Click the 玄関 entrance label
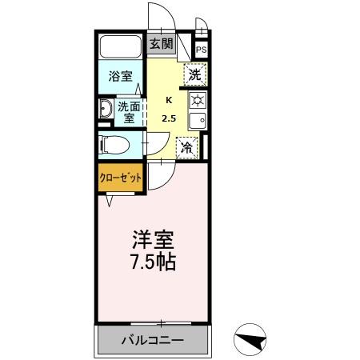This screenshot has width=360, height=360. click(x=161, y=45)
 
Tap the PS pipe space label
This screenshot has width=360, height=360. click(x=201, y=50)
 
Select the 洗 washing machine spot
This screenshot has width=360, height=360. click(x=195, y=75)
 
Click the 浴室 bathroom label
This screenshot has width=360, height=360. click(x=120, y=77)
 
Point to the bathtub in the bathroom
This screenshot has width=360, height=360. click(x=120, y=47)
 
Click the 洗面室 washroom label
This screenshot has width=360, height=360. click(x=129, y=110)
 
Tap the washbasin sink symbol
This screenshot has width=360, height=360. click(x=106, y=110)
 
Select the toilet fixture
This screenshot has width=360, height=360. click(x=111, y=145)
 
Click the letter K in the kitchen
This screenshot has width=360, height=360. click(x=168, y=100)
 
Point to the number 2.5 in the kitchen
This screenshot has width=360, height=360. click(x=169, y=118)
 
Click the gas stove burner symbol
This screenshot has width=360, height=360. click(x=197, y=101)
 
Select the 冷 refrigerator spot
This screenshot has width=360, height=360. click(x=186, y=147)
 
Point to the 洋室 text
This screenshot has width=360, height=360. click(x=152, y=239)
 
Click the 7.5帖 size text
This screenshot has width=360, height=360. click(x=152, y=261)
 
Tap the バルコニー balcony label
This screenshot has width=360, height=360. click(x=152, y=340)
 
